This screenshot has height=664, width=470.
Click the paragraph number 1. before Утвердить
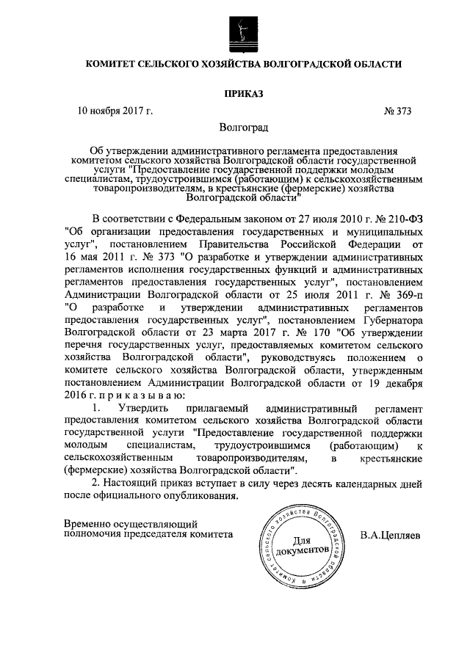pyautogui.click(x=95, y=408)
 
